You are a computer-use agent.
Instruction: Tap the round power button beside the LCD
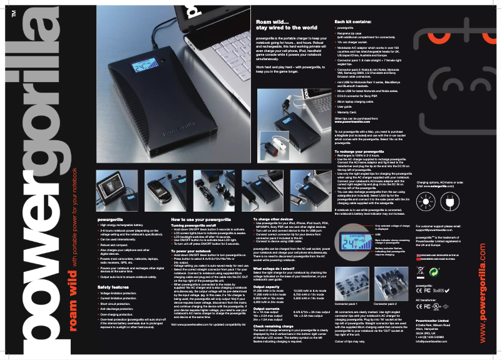[166, 68]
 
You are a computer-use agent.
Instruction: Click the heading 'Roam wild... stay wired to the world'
[284, 25]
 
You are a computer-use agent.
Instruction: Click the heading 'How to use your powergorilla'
[201, 219]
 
